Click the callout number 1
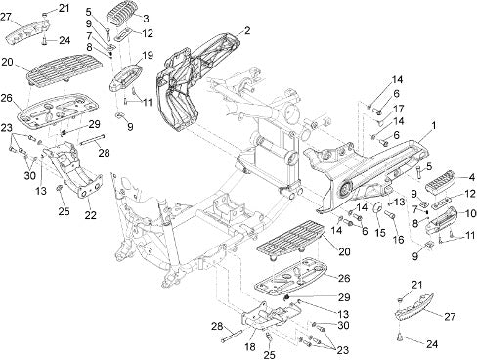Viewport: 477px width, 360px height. [433, 126]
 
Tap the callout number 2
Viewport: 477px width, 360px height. [247, 31]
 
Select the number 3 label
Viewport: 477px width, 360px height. [146, 19]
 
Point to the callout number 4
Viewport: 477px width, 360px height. [471, 178]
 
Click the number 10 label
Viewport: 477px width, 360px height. [469, 214]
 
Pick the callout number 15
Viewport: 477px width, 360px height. [379, 232]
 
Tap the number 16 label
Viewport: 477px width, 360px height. [398, 240]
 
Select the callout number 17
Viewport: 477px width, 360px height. [398, 109]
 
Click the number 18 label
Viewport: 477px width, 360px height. [250, 347]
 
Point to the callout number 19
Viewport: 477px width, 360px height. [148, 55]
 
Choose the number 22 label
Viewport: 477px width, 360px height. [90, 215]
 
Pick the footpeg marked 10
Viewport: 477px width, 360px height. [442, 220]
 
